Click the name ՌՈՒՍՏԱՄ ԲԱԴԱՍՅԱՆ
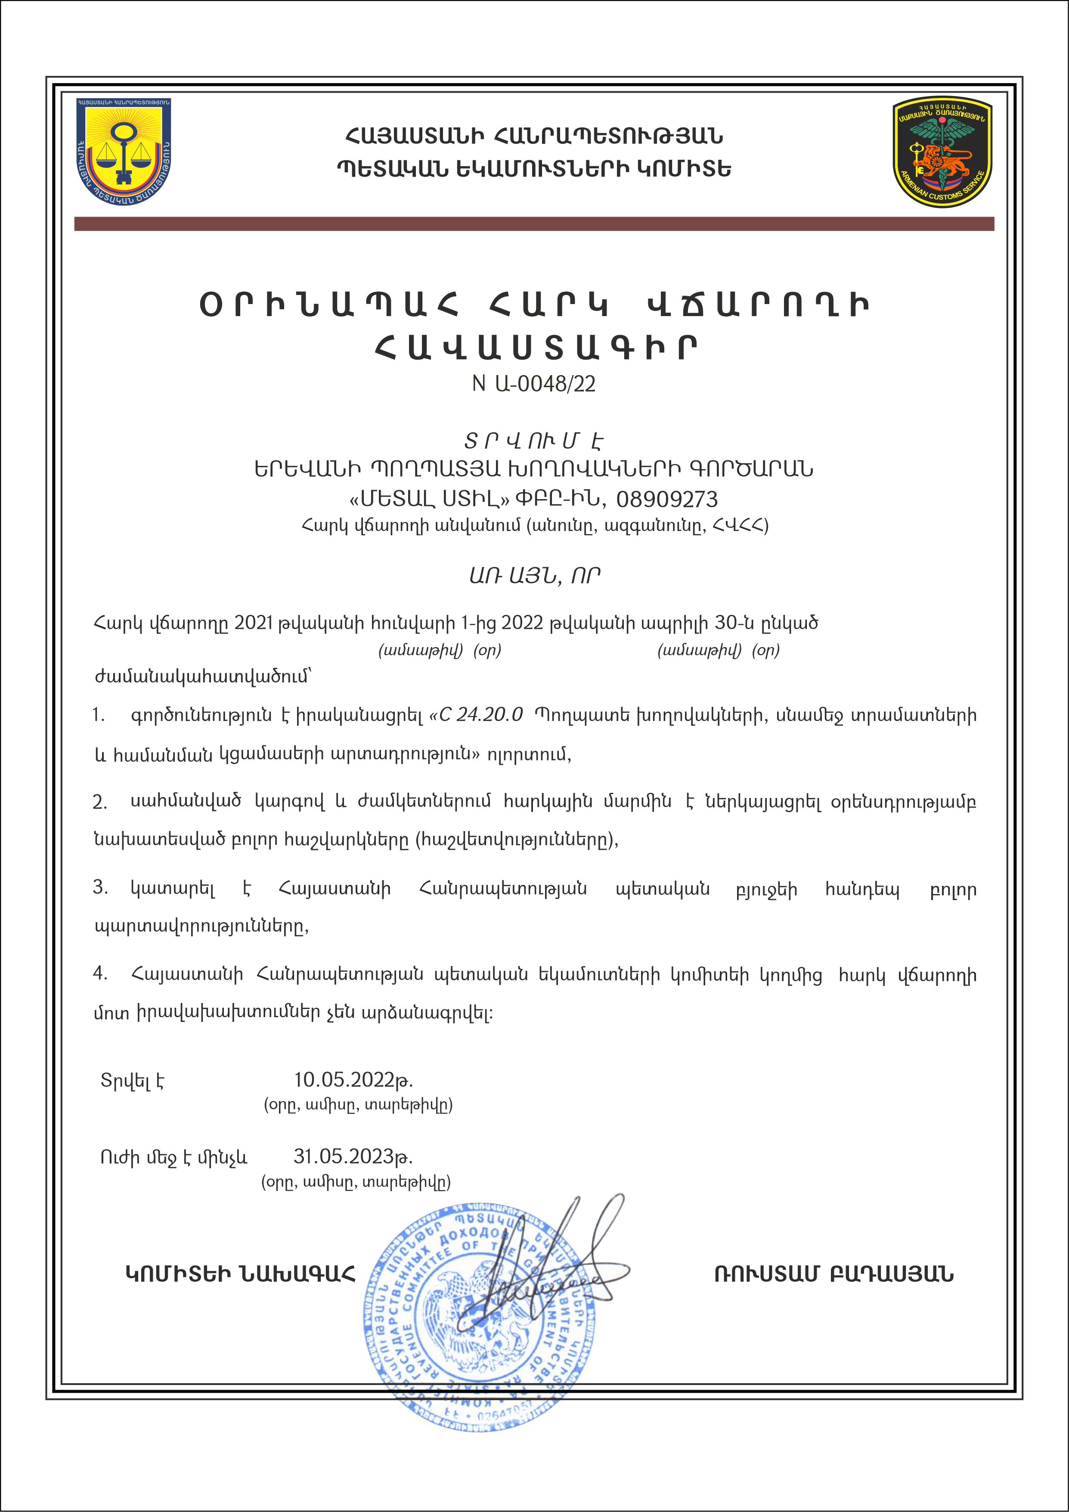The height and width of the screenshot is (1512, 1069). (x=834, y=1274)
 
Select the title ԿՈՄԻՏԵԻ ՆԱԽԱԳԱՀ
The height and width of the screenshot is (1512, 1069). (x=240, y=1274)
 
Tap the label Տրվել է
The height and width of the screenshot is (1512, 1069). (x=132, y=1080)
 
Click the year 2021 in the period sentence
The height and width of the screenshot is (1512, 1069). (x=254, y=623)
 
